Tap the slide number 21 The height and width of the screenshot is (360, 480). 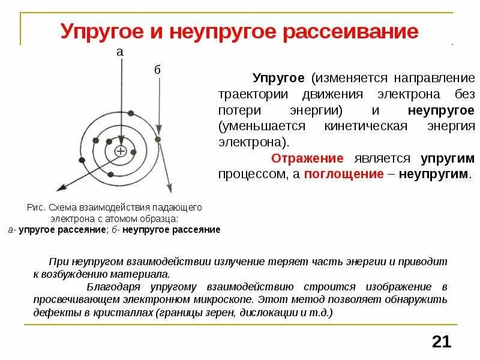click(441, 342)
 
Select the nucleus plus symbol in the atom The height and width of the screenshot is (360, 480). click(121, 151)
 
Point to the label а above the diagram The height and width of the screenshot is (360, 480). click(120, 52)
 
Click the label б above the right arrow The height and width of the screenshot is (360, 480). click(158, 70)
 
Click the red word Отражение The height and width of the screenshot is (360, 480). click(307, 158)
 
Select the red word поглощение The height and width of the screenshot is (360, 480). click(344, 174)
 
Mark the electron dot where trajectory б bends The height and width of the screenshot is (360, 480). click(158, 139)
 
